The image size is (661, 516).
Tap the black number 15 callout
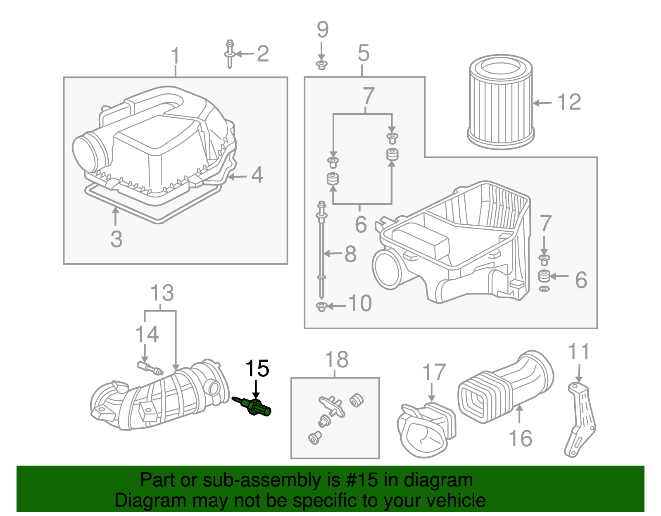click(257, 369)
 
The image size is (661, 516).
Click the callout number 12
click(569, 102)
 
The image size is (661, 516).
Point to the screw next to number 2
click(230, 54)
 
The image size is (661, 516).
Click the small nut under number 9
click(321, 64)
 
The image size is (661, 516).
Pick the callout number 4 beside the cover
click(257, 175)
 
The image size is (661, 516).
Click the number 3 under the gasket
click(117, 239)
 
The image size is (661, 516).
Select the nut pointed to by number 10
click(321, 307)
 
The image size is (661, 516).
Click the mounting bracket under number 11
click(580, 419)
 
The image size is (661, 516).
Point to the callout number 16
click(520, 438)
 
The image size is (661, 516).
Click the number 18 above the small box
click(337, 360)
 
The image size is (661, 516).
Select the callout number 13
click(162, 293)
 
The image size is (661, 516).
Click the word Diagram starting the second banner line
click(150, 500)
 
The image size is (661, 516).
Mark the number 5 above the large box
click(363, 53)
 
